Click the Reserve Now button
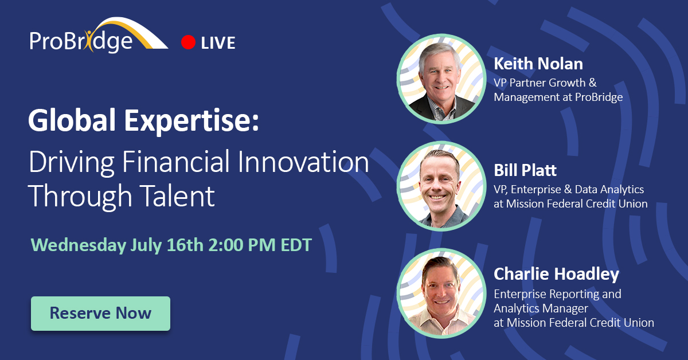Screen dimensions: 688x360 (100, 314)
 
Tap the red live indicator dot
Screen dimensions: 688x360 (188, 42)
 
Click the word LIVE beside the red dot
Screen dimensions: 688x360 (218, 42)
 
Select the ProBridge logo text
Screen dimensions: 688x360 (81, 41)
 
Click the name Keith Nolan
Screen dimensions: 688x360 (538, 64)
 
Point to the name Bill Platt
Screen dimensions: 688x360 (525, 170)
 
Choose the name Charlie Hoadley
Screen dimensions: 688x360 (556, 274)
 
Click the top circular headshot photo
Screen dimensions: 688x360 (441, 79)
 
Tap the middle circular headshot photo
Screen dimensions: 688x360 (441, 186)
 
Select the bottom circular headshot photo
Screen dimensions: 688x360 (441, 293)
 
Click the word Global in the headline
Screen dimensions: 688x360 (72, 120)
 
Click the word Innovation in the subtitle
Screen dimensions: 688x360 (303, 161)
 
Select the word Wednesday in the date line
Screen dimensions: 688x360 (79, 245)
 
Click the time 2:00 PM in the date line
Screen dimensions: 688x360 (242, 245)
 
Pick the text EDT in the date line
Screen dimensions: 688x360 (296, 245)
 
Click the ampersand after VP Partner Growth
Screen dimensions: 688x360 (593, 83)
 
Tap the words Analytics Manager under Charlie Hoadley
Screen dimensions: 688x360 (541, 308)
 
